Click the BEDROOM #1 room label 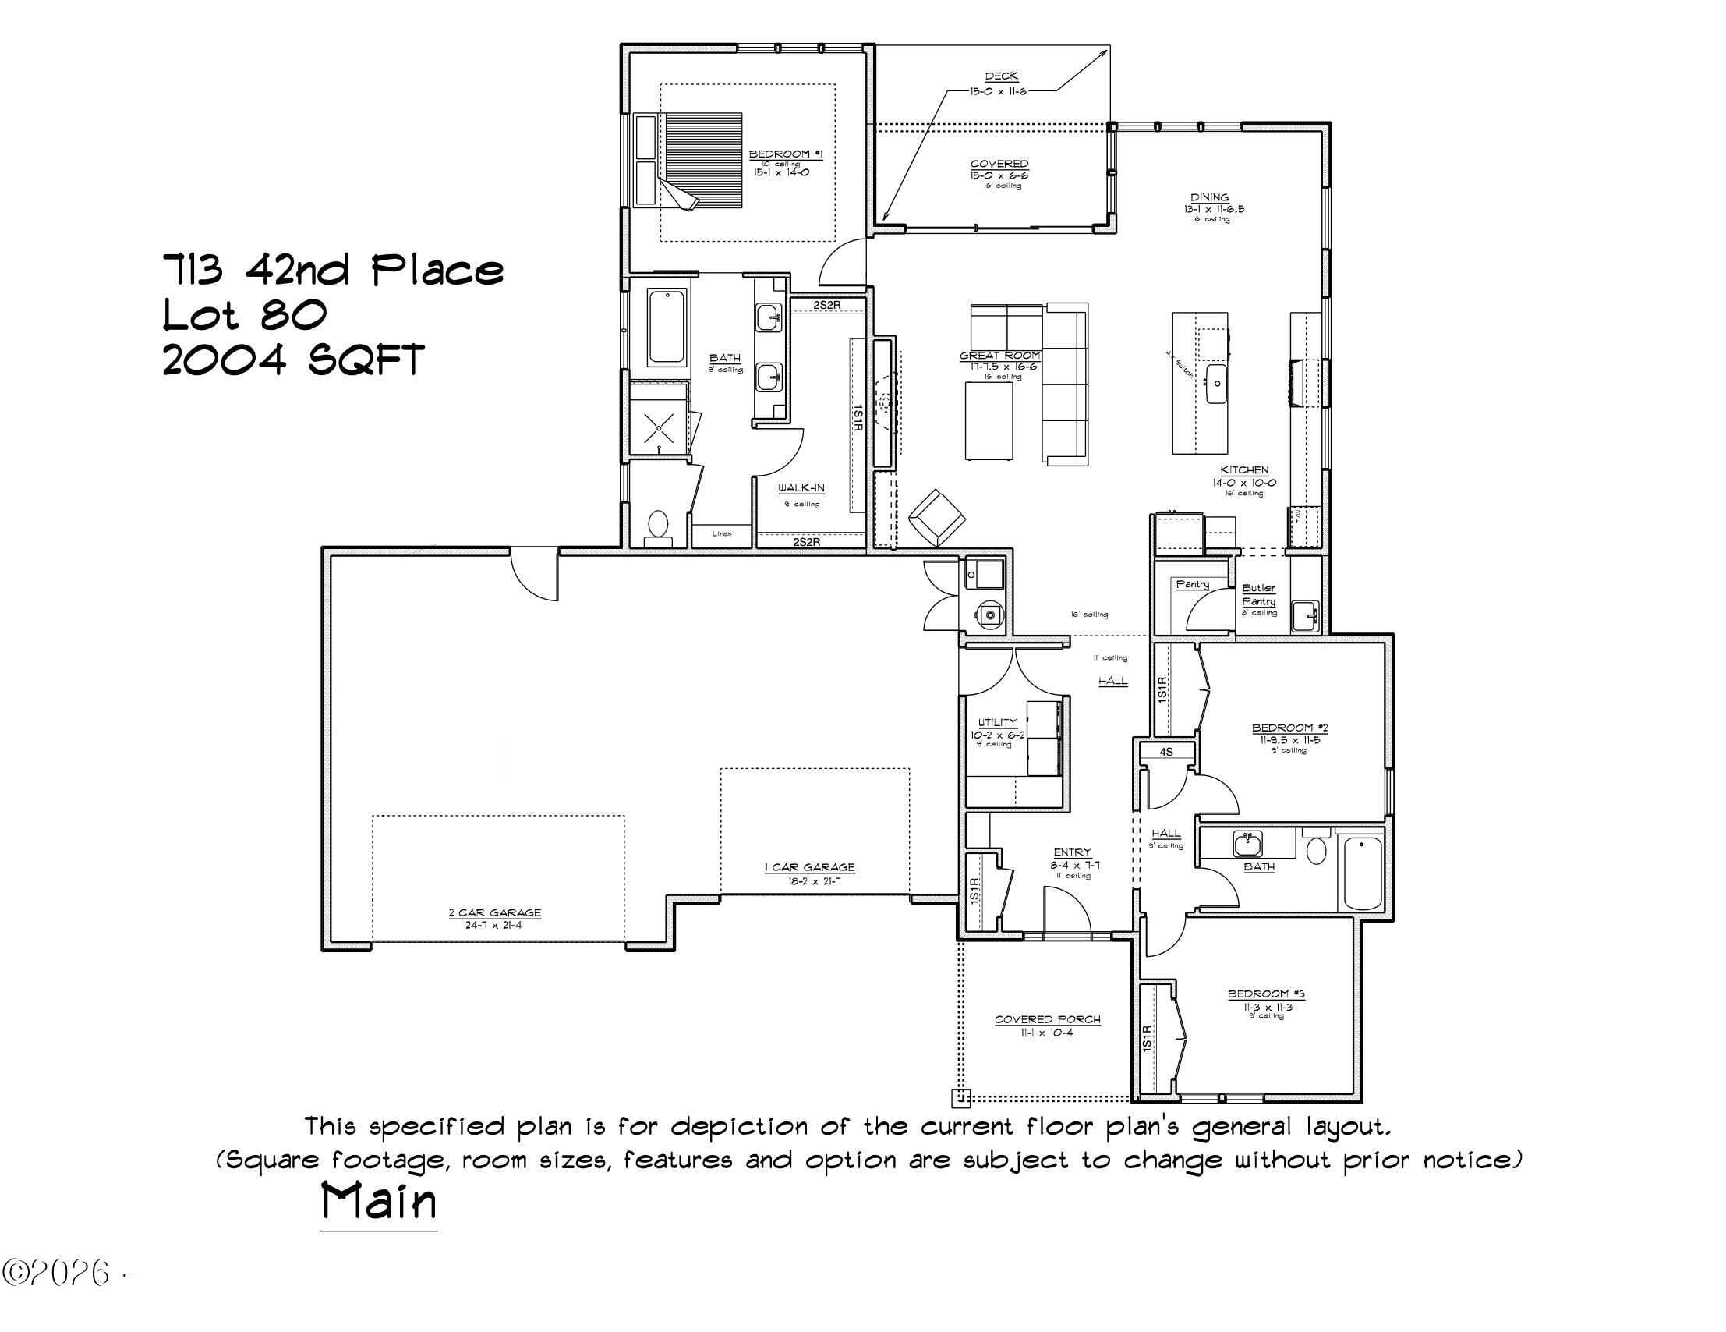click(780, 154)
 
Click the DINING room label click(1209, 197)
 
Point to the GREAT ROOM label click(999, 356)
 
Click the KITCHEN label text click(1244, 470)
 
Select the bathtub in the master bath click(667, 328)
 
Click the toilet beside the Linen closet click(656, 526)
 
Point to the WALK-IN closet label click(801, 488)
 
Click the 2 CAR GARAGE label click(495, 912)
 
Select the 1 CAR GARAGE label click(809, 867)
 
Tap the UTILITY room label click(997, 722)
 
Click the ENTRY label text click(1072, 852)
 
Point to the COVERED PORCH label click(1047, 1020)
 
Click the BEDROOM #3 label click(1266, 994)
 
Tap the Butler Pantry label click(1258, 594)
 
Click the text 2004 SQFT click(293, 360)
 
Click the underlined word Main click(379, 1202)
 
